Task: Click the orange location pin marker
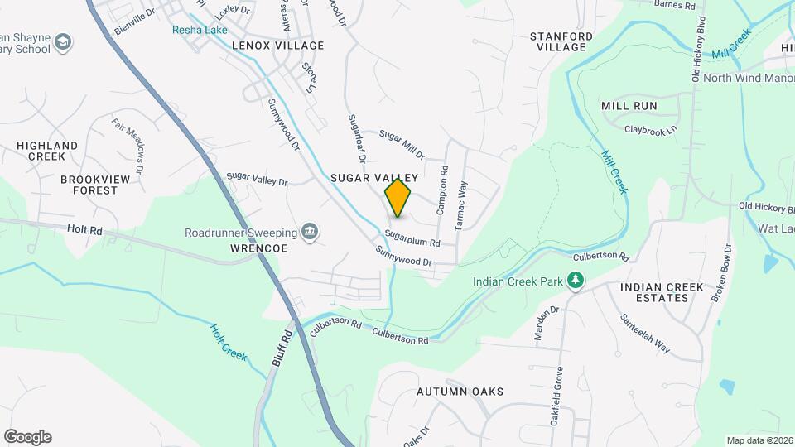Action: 398,198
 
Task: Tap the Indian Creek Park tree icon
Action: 575,281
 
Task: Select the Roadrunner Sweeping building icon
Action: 310,230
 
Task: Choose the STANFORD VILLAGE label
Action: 561,41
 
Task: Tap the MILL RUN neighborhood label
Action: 629,106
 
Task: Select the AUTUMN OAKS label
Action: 460,392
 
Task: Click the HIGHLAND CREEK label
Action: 47,151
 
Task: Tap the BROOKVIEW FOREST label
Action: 89,184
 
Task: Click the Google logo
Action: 27,437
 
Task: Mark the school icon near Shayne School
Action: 63,41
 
